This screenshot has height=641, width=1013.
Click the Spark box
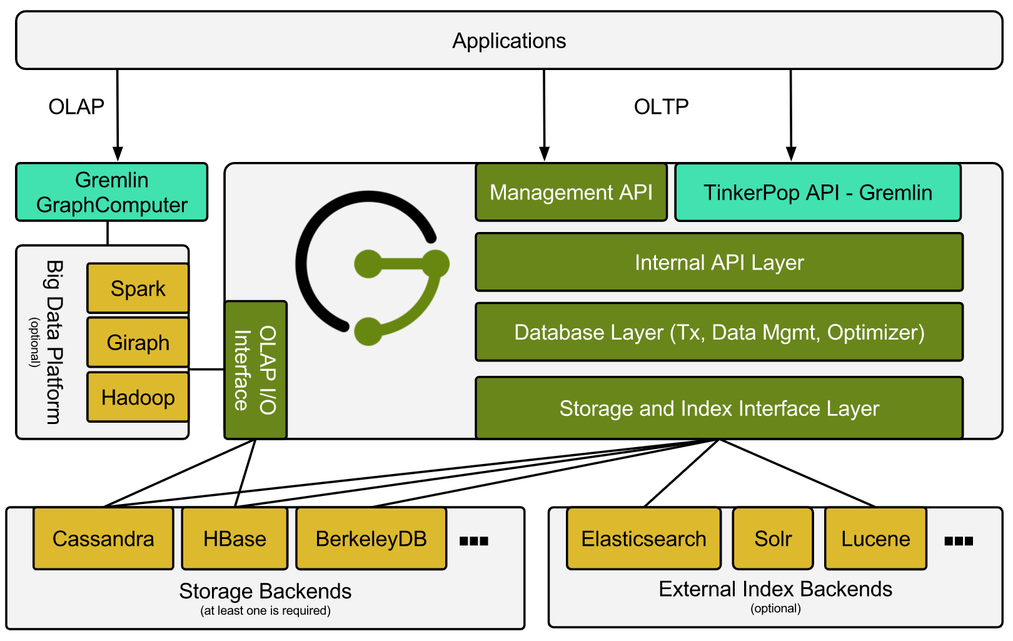pyautogui.click(x=138, y=288)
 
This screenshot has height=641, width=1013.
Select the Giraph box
pyautogui.click(x=138, y=342)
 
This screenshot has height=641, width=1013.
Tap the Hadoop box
pyautogui.click(x=138, y=397)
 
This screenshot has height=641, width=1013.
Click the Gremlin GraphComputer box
pyautogui.click(x=112, y=192)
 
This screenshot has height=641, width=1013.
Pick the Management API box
pyautogui.click(x=571, y=192)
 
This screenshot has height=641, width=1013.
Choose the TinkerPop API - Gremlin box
pyautogui.click(x=817, y=192)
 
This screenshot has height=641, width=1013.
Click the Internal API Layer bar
pyautogui.click(x=719, y=262)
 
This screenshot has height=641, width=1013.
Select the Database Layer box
pyautogui.click(x=719, y=332)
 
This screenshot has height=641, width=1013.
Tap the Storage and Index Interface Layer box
pyautogui.click(x=719, y=408)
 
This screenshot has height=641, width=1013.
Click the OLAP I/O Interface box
pyautogui.click(x=255, y=370)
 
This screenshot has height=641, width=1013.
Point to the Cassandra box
pyautogui.click(x=103, y=538)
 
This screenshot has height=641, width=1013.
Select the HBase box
pyautogui.click(x=234, y=538)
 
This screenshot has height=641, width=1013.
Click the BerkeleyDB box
pyautogui.click(x=371, y=538)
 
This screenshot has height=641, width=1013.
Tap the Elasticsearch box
pyautogui.click(x=643, y=538)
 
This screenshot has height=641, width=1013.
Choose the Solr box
pyautogui.click(x=773, y=538)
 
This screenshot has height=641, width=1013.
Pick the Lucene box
pyautogui.click(x=875, y=538)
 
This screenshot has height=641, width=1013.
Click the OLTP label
pyautogui.click(x=661, y=107)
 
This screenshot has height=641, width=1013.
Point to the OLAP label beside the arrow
pyautogui.click(x=76, y=107)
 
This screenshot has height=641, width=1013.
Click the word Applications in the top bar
pyautogui.click(x=509, y=41)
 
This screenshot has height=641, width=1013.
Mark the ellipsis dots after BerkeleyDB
pyautogui.click(x=473, y=541)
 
